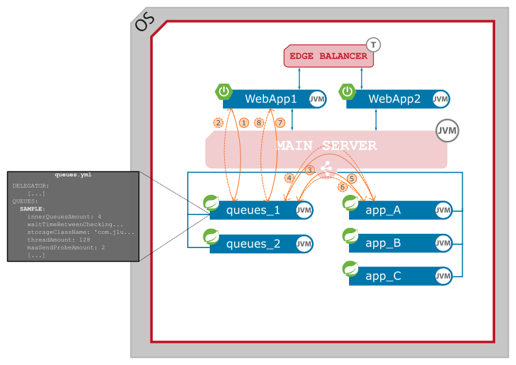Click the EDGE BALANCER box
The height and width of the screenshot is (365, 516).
(x=328, y=57)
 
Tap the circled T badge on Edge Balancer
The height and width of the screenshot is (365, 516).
(x=373, y=45)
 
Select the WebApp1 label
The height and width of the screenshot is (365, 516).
(x=270, y=99)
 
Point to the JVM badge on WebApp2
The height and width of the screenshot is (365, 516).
(x=441, y=99)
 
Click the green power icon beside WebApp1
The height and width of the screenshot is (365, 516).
(x=224, y=92)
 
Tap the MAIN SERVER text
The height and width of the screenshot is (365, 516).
(x=326, y=145)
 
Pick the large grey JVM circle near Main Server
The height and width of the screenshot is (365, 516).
(x=447, y=131)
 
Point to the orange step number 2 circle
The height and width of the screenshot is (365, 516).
(x=218, y=122)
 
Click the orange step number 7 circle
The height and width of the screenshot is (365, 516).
(x=280, y=122)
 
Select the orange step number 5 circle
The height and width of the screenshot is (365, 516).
(x=352, y=178)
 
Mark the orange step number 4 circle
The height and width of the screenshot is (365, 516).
(x=289, y=178)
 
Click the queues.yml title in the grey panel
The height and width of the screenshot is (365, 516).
(x=73, y=175)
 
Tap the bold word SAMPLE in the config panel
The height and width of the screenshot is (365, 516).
(x=32, y=209)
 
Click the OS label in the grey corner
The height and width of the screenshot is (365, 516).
(x=144, y=22)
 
